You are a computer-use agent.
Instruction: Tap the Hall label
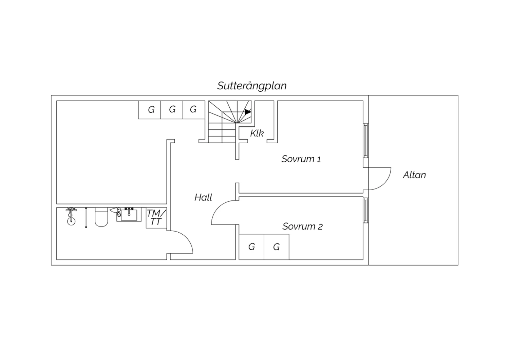[x=203, y=197]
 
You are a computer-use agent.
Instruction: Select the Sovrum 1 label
[x=301, y=159]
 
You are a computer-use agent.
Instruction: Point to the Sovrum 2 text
[x=302, y=226]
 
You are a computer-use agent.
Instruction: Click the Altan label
[x=414, y=175]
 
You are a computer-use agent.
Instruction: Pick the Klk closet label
[x=257, y=133]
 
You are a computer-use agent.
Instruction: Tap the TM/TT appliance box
[x=156, y=218]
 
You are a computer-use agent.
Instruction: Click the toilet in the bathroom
[x=101, y=217]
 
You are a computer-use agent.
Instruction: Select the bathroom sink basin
[x=129, y=215]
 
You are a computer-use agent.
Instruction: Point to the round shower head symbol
[x=71, y=221]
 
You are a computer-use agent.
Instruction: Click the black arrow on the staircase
[x=248, y=112]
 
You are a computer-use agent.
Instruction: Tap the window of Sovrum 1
[x=365, y=141]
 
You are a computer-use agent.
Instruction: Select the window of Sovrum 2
[x=365, y=210]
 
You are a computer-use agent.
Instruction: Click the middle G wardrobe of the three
[x=172, y=110]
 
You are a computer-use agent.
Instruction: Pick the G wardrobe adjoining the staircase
[x=194, y=110]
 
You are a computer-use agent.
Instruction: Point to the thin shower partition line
[x=86, y=217]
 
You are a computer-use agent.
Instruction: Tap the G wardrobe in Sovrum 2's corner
[x=251, y=247]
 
